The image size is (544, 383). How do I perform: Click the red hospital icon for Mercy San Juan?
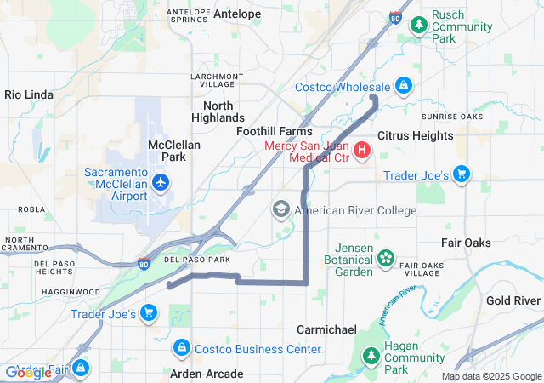click(x=362, y=151)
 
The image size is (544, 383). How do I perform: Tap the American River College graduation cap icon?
click(x=280, y=209)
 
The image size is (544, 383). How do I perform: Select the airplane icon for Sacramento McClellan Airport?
click(x=160, y=182)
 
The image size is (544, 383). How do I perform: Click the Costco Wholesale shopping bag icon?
click(x=403, y=86)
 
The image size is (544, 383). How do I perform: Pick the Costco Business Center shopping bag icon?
click(x=181, y=348)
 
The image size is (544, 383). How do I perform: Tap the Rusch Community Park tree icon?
click(x=417, y=26)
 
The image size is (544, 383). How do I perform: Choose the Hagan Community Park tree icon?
click(x=371, y=356)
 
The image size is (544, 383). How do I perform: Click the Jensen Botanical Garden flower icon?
click(x=386, y=257)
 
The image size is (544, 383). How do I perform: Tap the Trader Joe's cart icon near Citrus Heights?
click(x=462, y=174)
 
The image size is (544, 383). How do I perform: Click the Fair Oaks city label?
click(x=466, y=243)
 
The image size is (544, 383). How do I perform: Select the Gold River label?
click(x=513, y=301)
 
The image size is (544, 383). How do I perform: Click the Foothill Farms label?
click(x=274, y=132)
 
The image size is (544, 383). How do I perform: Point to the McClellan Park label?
click(x=174, y=151)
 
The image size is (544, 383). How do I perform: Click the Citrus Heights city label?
click(x=415, y=135)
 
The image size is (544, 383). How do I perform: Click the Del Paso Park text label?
click(x=197, y=259)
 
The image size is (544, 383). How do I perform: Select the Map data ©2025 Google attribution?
click(x=491, y=376)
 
